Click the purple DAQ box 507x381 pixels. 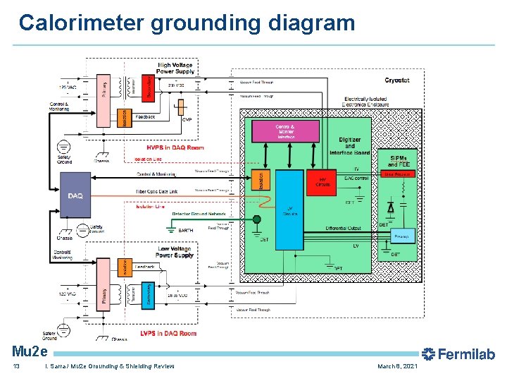pos(75,195)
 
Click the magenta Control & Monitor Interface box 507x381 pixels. pos(286,131)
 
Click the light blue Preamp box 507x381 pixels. pos(401,236)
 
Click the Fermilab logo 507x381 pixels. pos(458,354)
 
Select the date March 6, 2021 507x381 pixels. pos(397,367)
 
